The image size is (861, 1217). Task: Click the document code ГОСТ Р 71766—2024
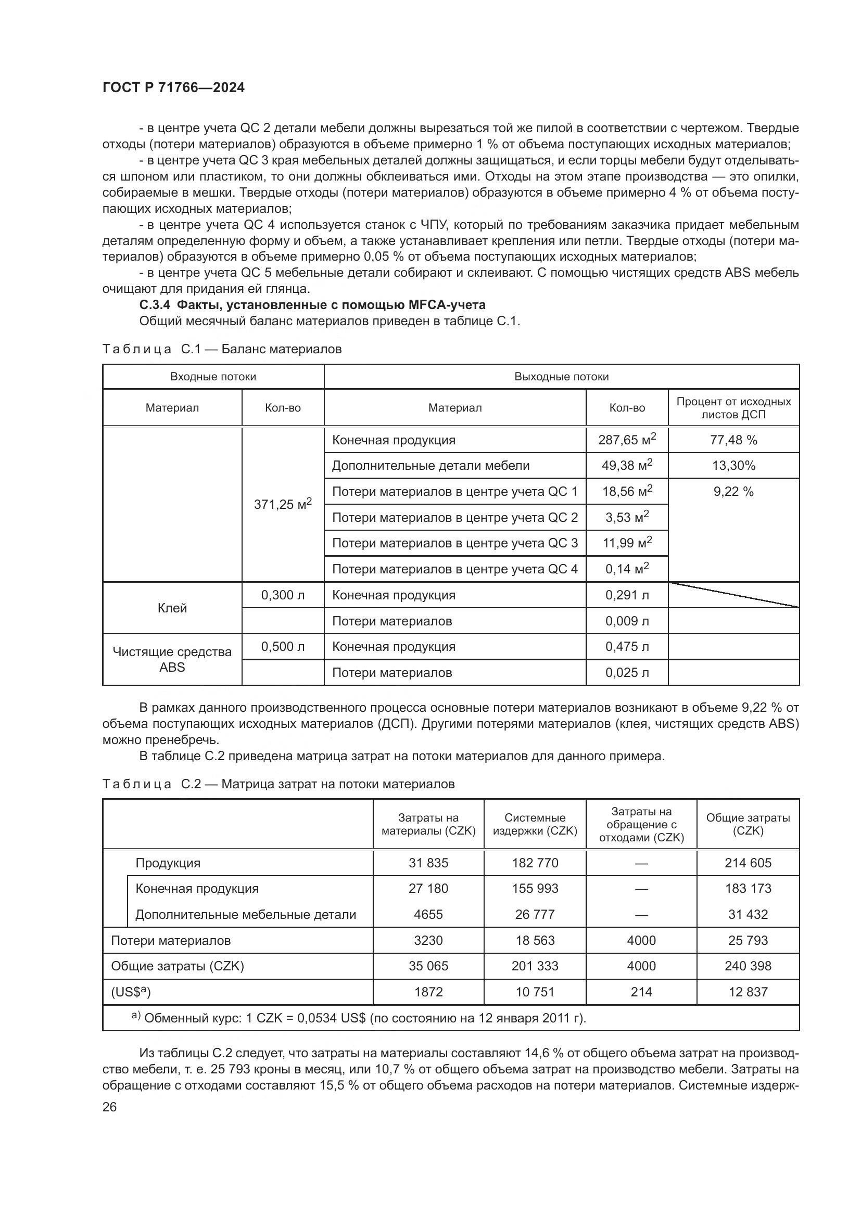click(x=173, y=88)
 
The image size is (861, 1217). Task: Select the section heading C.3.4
click(x=312, y=305)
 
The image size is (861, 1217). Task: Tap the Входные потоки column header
click(x=213, y=377)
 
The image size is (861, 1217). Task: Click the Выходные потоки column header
click(x=562, y=377)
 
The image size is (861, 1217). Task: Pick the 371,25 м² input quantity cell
click(x=283, y=504)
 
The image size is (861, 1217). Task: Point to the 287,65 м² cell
click(x=627, y=440)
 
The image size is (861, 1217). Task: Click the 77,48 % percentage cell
click(x=733, y=440)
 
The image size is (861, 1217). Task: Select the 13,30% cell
click(x=733, y=465)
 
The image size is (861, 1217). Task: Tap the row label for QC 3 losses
click(x=454, y=543)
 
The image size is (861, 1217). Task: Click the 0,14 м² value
click(x=627, y=569)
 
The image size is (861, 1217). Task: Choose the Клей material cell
click(x=172, y=608)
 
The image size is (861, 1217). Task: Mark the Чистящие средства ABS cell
click(x=172, y=659)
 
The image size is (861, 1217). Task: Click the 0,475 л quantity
click(x=627, y=647)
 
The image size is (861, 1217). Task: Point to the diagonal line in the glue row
click(x=734, y=595)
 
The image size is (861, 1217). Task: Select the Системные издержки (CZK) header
click(x=535, y=824)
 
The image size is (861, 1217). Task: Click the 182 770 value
click(x=535, y=863)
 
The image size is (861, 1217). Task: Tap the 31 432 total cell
click(x=748, y=914)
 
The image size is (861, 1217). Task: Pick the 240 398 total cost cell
click(x=748, y=966)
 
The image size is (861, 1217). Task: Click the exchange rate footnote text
click(x=365, y=1018)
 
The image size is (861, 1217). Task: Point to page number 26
click(x=110, y=1107)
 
